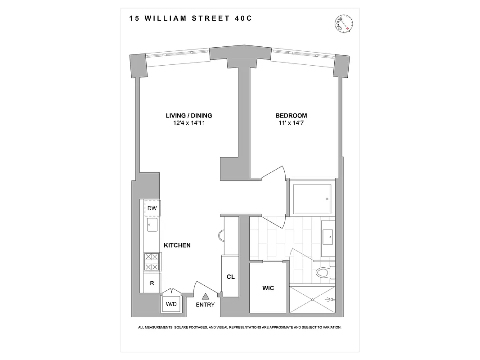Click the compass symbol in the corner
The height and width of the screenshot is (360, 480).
(x=345, y=23)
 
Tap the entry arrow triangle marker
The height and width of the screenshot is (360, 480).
(x=205, y=297)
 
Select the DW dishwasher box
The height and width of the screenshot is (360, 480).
(x=152, y=208)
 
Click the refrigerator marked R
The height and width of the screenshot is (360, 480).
(x=152, y=283)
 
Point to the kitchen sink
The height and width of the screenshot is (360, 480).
(x=152, y=225)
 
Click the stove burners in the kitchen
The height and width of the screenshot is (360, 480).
(x=152, y=262)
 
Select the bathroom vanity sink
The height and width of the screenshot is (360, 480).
(x=328, y=235)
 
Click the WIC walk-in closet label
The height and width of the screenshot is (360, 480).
(x=268, y=288)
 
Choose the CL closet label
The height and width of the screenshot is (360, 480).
(x=230, y=277)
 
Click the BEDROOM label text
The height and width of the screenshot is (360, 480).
(x=291, y=116)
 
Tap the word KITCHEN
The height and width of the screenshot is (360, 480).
(x=177, y=245)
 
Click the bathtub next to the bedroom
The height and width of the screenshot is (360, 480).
(x=312, y=199)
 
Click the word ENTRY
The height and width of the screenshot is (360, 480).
(x=205, y=305)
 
